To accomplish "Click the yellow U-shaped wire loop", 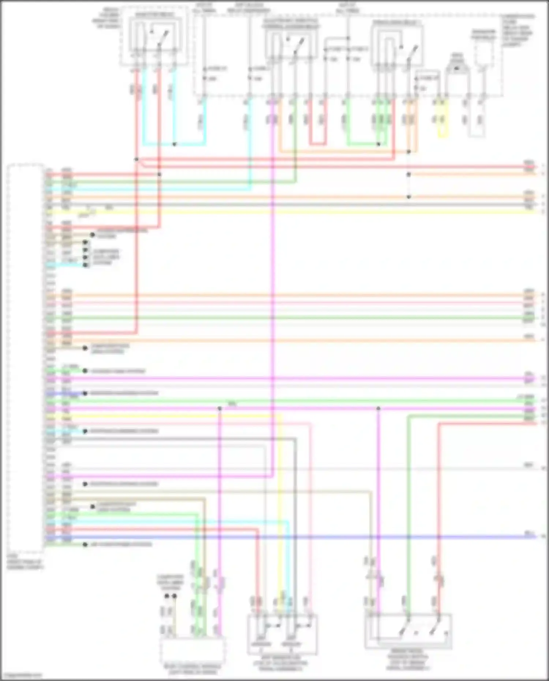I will click(443, 137).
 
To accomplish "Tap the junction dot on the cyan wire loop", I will click(174, 144).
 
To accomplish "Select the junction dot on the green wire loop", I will click(378, 144).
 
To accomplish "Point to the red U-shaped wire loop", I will click(317, 144).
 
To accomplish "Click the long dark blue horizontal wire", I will click(293, 537).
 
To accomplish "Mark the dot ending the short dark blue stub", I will click(85, 393).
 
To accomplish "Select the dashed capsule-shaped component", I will click(483, 51).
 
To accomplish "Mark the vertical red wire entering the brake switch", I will click(439, 512).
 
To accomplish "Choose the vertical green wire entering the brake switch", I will click(408, 512).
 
